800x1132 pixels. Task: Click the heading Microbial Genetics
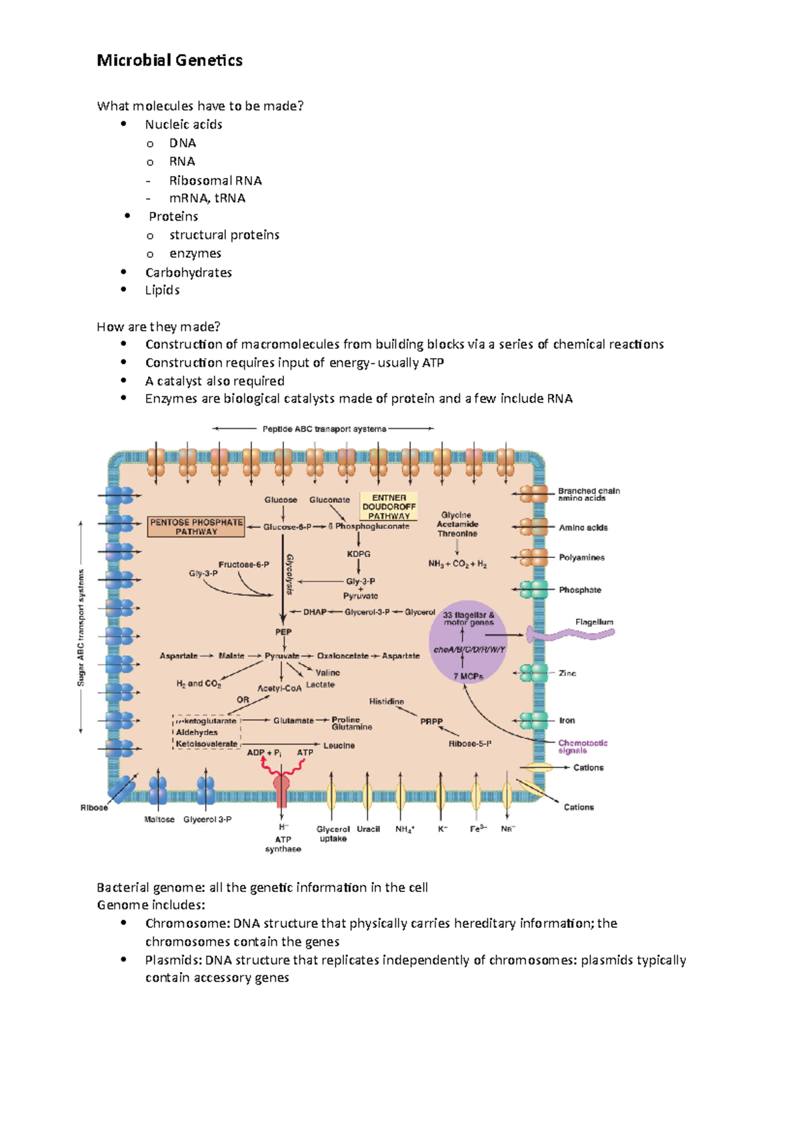[169, 61]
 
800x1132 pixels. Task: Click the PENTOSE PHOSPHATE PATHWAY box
[196, 527]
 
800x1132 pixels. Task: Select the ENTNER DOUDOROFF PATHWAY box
[389, 507]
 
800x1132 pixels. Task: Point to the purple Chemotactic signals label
[583, 747]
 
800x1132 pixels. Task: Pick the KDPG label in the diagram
[359, 554]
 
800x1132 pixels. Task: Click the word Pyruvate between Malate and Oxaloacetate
[282, 656]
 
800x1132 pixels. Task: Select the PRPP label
[431, 721]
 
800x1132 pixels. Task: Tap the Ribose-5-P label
[469, 744]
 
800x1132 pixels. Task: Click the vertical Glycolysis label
[291, 574]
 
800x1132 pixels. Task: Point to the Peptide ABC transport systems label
[324, 429]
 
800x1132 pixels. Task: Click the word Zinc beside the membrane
[567, 673]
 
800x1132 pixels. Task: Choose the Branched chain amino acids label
[589, 495]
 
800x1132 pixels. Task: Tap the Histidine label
[387, 701]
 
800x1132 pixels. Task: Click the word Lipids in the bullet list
[163, 290]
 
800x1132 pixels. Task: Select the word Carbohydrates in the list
[189, 273]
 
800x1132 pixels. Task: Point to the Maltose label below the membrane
[159, 819]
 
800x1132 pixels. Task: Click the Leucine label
[339, 745]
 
